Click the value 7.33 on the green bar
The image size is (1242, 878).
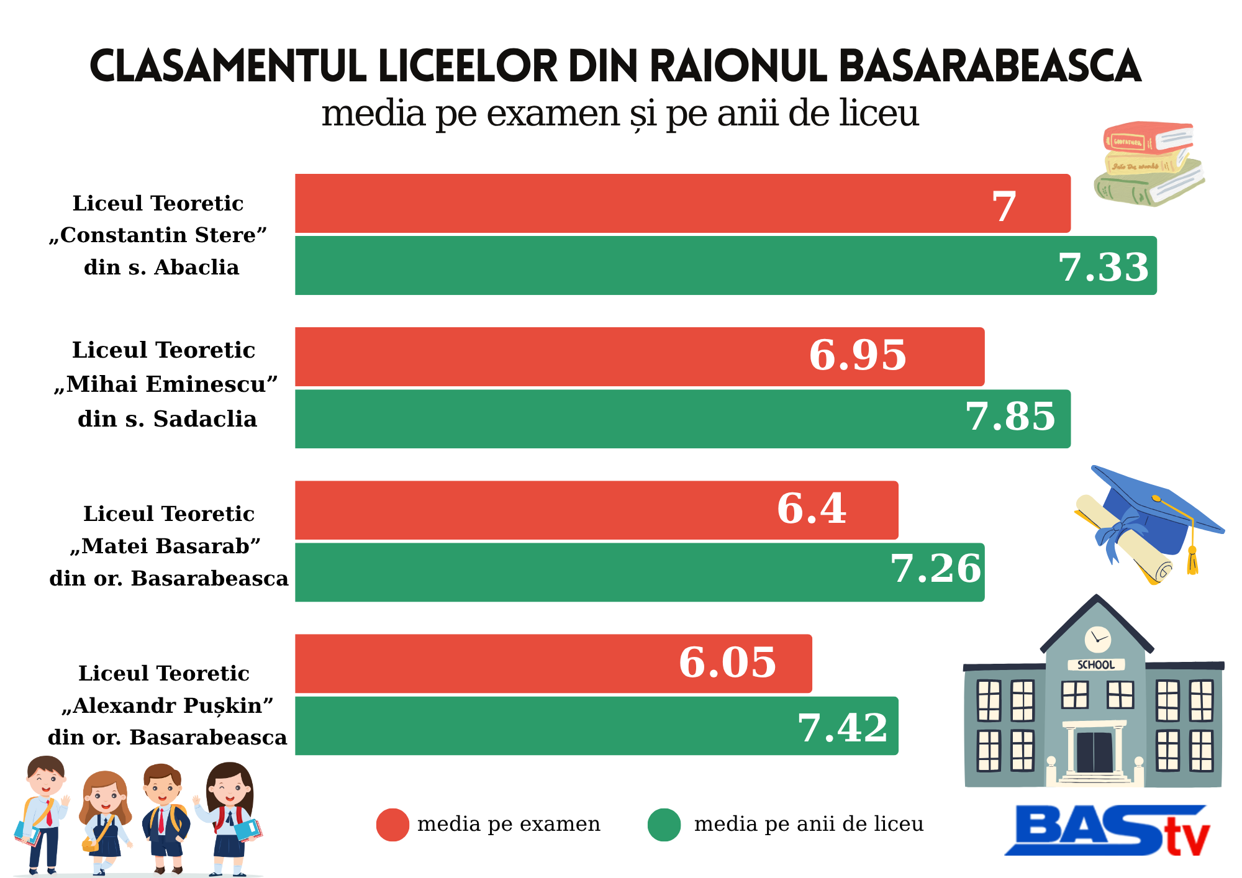point(1104,268)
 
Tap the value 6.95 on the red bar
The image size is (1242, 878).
point(858,356)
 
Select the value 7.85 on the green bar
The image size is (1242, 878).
point(1010,417)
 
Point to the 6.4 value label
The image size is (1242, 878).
point(812,509)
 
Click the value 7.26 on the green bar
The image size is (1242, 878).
point(936,569)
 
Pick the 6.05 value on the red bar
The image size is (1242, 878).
point(727,663)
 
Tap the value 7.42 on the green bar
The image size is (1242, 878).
point(843,728)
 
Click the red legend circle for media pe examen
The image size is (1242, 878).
point(392,825)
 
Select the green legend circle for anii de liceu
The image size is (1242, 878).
point(664,825)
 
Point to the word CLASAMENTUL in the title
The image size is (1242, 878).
point(228,66)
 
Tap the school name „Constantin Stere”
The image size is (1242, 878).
point(158,235)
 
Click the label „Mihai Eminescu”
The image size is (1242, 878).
point(166,384)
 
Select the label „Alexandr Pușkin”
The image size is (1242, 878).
point(168,705)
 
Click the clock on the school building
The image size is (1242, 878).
point(1097,639)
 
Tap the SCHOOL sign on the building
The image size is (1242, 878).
point(1096,664)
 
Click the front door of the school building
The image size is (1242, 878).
point(1094,752)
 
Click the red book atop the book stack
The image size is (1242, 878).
point(1148,137)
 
